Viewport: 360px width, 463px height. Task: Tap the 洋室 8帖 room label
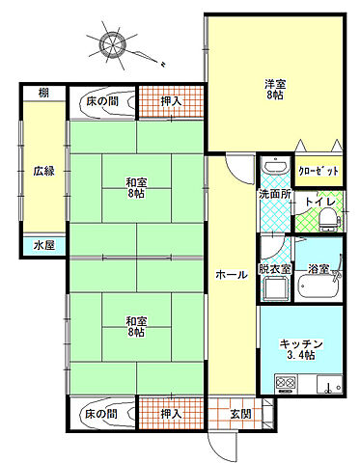click(x=276, y=89)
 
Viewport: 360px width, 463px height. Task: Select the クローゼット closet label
click(x=318, y=171)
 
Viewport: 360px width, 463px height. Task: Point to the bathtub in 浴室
click(x=318, y=286)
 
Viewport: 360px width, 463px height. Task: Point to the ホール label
click(x=231, y=274)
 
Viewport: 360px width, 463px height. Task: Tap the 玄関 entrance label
click(x=240, y=414)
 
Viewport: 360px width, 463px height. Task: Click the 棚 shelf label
click(x=44, y=93)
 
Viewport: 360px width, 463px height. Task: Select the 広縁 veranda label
click(x=43, y=171)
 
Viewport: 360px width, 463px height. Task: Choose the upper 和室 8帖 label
click(x=135, y=185)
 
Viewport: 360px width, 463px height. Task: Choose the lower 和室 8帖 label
click(x=135, y=326)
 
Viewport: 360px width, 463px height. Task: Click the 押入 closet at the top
click(x=171, y=100)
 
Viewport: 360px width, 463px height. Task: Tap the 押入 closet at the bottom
click(x=171, y=414)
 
